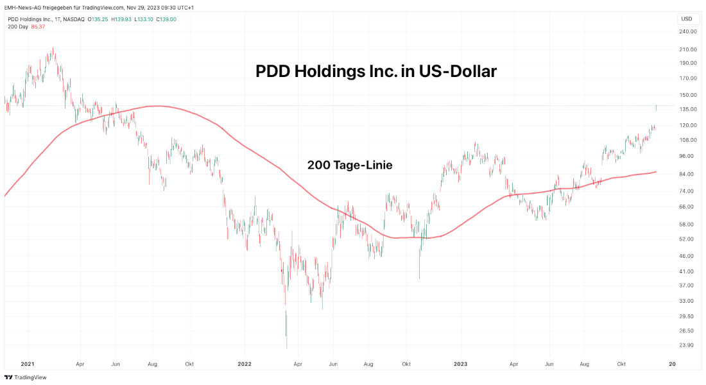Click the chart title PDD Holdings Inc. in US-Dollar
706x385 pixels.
376,71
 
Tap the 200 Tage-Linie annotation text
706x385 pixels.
350,165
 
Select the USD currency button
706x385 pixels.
687,19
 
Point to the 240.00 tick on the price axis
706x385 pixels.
687,31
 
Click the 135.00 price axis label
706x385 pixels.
687,109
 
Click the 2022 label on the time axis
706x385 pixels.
245,364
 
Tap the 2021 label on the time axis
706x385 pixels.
28,364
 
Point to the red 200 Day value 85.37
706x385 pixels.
38,26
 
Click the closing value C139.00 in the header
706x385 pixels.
165,19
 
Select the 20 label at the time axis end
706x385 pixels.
672,364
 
